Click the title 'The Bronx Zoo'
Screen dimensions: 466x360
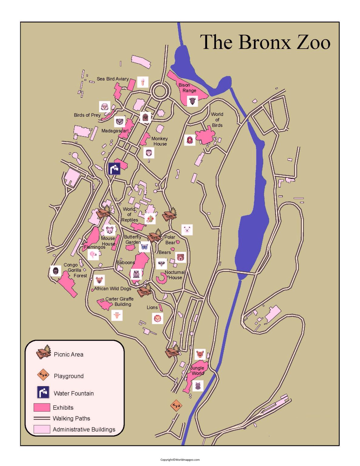click(x=265, y=42)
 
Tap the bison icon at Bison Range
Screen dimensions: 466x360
click(x=192, y=101)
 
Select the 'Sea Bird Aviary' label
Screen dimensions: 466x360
click(x=113, y=79)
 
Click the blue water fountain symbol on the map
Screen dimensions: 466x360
click(x=114, y=168)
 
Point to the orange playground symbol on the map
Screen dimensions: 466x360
click(x=176, y=405)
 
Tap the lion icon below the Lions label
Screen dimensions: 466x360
click(x=157, y=318)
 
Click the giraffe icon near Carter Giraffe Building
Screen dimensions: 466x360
click(x=117, y=316)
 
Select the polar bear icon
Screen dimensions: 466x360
click(x=187, y=230)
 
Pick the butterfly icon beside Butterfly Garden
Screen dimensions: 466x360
click(x=145, y=247)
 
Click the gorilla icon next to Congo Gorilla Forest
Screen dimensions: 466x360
click(x=56, y=271)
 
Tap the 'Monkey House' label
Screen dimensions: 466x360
click(x=160, y=141)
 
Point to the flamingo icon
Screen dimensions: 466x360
click(x=93, y=255)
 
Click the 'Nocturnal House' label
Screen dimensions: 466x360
click(x=175, y=275)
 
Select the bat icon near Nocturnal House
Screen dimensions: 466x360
click(x=161, y=263)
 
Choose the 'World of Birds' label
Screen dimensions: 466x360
click(x=217, y=120)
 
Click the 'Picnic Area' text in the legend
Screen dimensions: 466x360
click(x=69, y=354)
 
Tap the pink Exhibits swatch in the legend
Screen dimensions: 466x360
click(x=42, y=407)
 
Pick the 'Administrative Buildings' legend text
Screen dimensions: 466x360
click(x=84, y=429)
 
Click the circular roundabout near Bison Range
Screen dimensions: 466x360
click(x=160, y=90)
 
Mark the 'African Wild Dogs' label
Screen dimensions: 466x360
click(x=113, y=289)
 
